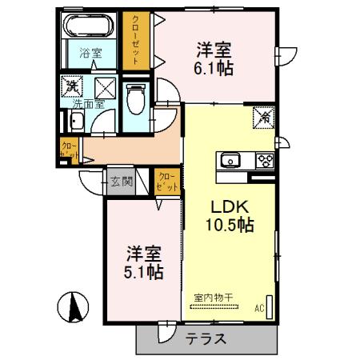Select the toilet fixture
pos(136,98)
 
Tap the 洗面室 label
pos(88,103)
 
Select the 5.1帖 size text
pos(146,272)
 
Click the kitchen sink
pos(230,160)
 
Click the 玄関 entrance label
pos(121,181)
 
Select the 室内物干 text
pos(213,298)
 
